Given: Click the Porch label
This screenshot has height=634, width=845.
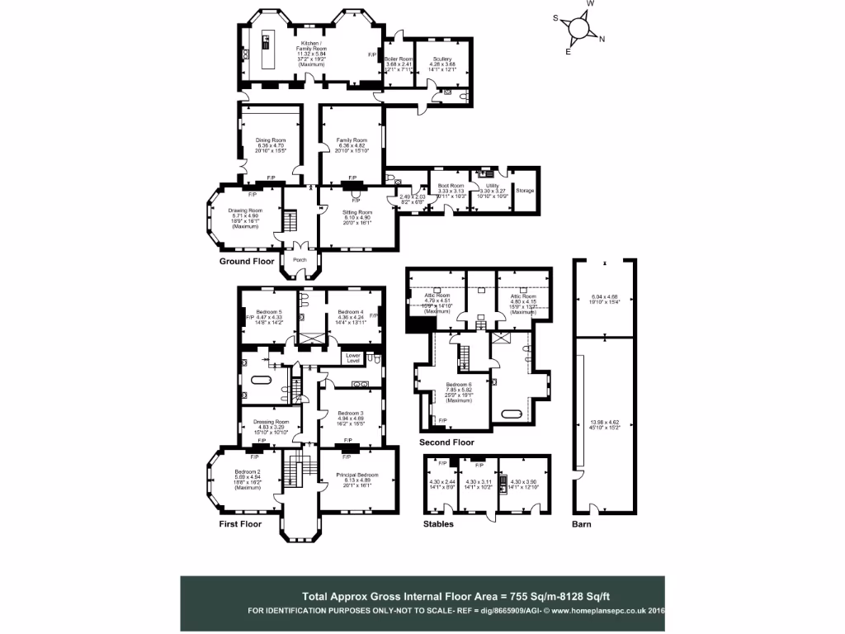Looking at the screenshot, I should pos(300,258).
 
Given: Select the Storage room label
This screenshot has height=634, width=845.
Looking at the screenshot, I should pos(525,191).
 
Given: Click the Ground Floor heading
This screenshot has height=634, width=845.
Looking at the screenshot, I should pos(246,262).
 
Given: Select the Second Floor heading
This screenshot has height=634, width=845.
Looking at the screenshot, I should pos(446,442).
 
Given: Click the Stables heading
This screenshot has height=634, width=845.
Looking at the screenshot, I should pos(438,523).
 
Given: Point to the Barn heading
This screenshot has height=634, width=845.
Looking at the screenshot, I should pos(582,523).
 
